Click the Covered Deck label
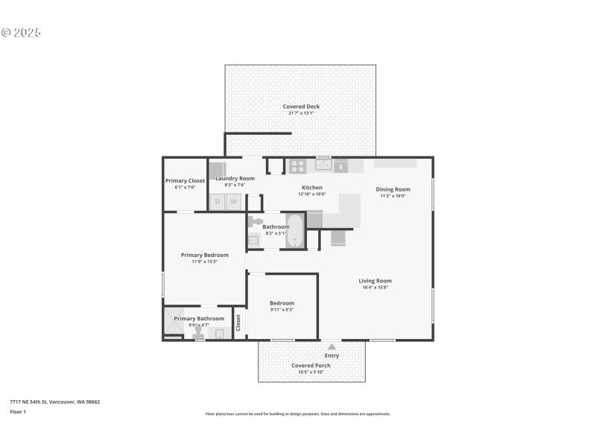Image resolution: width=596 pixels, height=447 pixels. point(301,107)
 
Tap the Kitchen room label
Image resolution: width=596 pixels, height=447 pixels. point(311,187)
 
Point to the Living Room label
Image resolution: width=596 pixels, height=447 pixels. point(375,281)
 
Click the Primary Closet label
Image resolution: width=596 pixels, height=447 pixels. point(185,180)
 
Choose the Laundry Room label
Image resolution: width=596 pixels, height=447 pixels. point(235,179)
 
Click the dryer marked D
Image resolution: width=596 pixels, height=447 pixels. point(218,201)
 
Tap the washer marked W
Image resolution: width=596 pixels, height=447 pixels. point(233,201)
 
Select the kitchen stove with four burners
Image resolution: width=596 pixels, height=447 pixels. point(298,166)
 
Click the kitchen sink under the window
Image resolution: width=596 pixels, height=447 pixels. point(323,165)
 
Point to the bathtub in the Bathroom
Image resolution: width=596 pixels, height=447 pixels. point(296,231)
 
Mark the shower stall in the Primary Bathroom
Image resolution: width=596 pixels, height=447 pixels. point(174,321)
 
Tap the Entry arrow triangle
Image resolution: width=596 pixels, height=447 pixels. point(332,346)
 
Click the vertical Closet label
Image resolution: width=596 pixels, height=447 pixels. point(238,322)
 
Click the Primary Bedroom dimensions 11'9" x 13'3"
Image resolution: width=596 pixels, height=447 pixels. point(204,261)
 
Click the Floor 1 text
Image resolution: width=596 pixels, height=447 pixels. point(18,411)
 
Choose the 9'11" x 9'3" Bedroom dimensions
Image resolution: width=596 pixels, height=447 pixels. point(282,309)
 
